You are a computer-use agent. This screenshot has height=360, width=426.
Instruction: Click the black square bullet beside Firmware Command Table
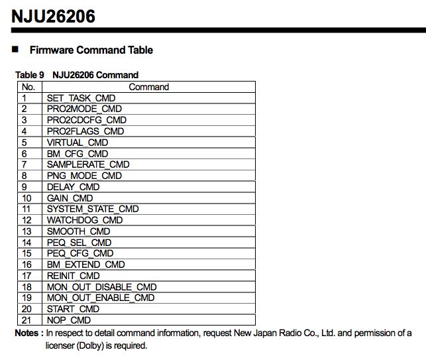pyautogui.click(x=15, y=50)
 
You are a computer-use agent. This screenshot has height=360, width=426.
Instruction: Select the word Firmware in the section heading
pyautogui.click(x=52, y=50)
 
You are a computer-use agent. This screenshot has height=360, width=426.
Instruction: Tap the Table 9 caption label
pyautogui.click(x=30, y=75)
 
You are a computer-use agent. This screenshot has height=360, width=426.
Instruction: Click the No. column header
pyautogui.click(x=28, y=87)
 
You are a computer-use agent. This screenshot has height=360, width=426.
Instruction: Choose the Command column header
pyautogui.click(x=148, y=87)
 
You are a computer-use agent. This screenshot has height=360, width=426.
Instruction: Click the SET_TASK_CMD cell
pyautogui.click(x=81, y=98)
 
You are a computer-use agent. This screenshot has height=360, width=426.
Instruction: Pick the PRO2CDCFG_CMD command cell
pyautogui.click(x=86, y=120)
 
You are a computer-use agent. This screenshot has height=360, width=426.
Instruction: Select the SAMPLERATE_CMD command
pyautogui.click(x=88, y=164)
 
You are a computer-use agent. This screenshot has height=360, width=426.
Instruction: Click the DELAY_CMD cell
pyautogui.click(x=73, y=187)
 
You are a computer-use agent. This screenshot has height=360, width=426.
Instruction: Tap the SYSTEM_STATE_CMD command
pyautogui.click(x=92, y=209)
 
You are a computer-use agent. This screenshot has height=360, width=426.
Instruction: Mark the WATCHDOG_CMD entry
pyautogui.click(x=84, y=220)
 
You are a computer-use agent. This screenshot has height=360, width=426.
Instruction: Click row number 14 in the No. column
pyautogui.click(x=27, y=243)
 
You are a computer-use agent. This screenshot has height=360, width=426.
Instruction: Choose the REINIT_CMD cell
pyautogui.click(x=73, y=276)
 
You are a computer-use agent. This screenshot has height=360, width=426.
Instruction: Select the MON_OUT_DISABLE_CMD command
pyautogui.click(x=101, y=287)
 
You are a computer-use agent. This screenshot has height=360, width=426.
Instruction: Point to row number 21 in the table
pyautogui.click(x=27, y=320)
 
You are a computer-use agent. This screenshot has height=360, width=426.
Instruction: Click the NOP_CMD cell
pyautogui.click(x=68, y=320)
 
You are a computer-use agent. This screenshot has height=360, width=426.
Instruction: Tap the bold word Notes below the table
pyautogui.click(x=27, y=333)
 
